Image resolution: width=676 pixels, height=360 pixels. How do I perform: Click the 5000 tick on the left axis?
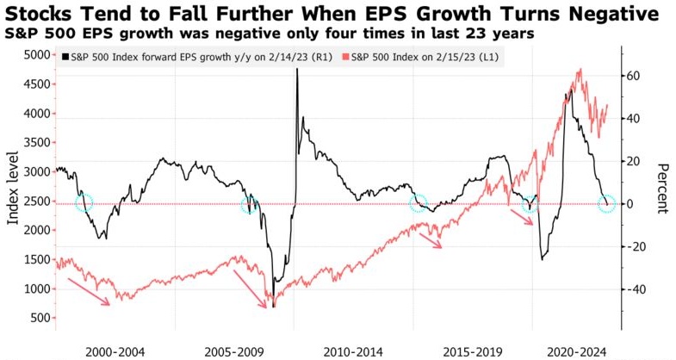[36, 55]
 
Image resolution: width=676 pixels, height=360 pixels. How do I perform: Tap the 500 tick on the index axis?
[40, 318]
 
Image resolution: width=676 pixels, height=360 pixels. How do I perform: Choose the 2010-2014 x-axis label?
[353, 351]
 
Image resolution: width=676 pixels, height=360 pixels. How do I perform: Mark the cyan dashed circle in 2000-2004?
[83, 203]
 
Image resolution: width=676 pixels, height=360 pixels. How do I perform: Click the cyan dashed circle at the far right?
[607, 204]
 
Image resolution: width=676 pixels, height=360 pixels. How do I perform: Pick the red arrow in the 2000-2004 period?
[90, 290]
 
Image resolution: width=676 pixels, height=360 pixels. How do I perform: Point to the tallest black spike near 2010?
[296, 71]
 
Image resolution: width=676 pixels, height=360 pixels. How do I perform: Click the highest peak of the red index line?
[579, 70]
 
